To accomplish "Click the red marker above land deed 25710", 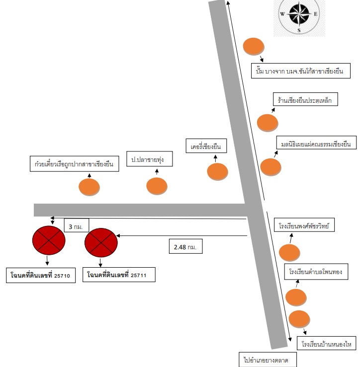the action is pos(49,240).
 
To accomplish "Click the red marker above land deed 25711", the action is pos(101,242).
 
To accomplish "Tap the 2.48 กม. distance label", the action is pos(185,246).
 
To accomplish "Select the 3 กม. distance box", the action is pos(77,225).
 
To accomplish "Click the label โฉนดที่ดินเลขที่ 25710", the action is pos(41,275).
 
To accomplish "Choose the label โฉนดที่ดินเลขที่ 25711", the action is pos(119,275).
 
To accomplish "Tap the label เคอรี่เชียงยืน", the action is pos(206,146).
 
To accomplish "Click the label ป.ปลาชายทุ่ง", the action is pos(150,159).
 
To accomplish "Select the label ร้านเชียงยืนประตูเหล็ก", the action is pos(305,99).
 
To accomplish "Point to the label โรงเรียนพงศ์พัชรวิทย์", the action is pos(304,225).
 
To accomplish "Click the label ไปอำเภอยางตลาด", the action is pos(268,360).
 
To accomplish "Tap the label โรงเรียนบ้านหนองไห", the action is pos(326,344).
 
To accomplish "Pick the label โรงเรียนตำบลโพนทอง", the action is pos(316,272).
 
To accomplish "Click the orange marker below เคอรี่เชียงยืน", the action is pos(217,171).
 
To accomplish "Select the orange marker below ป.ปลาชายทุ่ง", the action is pos(157,186).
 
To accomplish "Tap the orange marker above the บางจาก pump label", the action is pos(254,46).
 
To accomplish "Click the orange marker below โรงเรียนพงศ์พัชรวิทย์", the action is pos(289,253).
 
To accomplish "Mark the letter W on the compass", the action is pos(282,14).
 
